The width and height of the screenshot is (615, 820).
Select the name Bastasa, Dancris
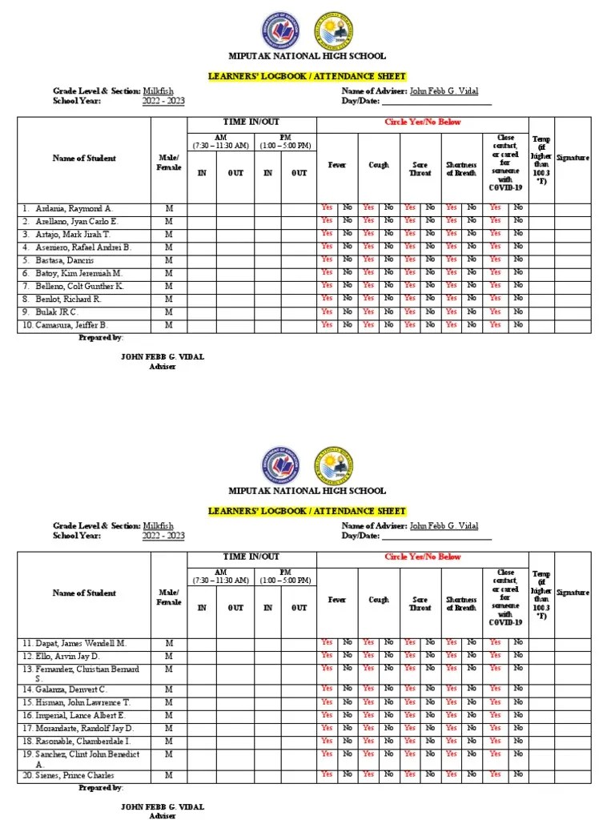64,260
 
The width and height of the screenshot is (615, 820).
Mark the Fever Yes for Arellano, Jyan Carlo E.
327,221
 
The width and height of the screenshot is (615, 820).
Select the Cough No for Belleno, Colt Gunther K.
388,286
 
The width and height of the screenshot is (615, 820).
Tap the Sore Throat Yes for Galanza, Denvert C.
409,689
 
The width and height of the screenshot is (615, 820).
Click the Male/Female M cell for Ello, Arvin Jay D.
169,656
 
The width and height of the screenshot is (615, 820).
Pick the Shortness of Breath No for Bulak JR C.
472,312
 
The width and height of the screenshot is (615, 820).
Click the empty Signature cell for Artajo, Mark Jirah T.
573,234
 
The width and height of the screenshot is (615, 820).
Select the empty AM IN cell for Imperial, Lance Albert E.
202,715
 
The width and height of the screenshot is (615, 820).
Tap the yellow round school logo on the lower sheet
332,464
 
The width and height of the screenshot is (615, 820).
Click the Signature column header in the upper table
573,159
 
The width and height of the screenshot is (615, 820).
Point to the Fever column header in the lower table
337,600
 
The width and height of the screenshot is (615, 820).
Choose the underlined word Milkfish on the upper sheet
158,91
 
